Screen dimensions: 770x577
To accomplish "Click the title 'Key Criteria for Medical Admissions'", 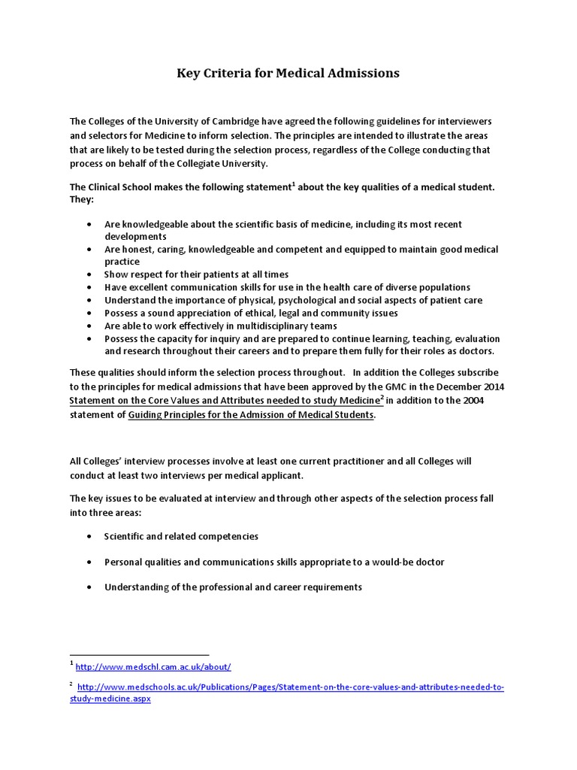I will tap(288, 73).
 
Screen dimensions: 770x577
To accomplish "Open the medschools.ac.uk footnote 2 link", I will tap(290, 687).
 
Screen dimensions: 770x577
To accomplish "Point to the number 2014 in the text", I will tap(491, 387).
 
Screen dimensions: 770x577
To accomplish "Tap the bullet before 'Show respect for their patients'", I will tap(89, 274).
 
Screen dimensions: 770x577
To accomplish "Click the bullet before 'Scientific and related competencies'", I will tap(89, 536).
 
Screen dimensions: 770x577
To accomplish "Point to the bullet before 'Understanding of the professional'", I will tap(89, 587).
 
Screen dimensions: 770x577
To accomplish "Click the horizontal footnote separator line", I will tap(139, 655).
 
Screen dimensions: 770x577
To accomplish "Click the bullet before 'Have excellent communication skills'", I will tap(89, 287).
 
